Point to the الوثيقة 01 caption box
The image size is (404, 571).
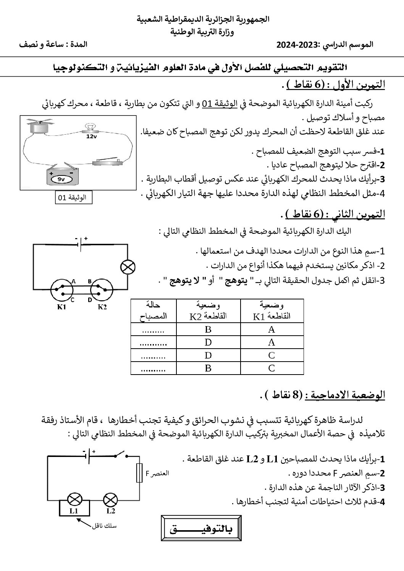73,197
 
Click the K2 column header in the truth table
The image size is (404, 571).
208,310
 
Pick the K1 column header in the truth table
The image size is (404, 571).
271,310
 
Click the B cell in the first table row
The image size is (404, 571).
208,330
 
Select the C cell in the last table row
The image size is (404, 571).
271,368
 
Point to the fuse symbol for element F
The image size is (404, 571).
140,474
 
